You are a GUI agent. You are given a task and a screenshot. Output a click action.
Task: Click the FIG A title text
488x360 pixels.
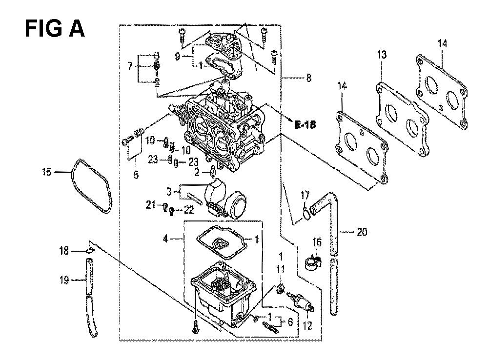(55, 29)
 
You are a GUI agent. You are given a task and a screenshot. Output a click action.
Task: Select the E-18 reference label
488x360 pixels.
(305, 125)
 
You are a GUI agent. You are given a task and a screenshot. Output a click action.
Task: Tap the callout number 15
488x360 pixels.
(47, 171)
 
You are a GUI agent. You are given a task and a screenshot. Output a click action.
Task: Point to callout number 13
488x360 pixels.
(382, 55)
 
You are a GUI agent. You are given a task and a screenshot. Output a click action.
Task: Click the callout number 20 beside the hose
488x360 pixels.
(362, 232)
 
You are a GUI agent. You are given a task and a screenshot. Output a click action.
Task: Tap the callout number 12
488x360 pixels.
(307, 326)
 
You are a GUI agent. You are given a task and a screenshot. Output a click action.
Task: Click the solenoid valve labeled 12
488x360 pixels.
(301, 301)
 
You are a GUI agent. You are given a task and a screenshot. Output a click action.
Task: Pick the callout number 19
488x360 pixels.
(64, 280)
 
